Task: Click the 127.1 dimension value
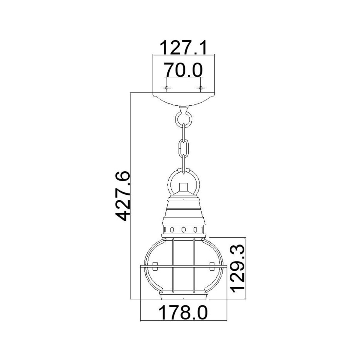pos(183,47)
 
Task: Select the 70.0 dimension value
pos(183,70)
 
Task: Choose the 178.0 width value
pos(183,313)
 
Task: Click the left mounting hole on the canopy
pos(166,88)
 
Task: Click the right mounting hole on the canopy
pos(200,88)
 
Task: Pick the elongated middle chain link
pos(183,147)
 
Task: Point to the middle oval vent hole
pos(183,230)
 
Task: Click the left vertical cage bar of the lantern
pos(173,265)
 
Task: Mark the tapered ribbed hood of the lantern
pos(183,211)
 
